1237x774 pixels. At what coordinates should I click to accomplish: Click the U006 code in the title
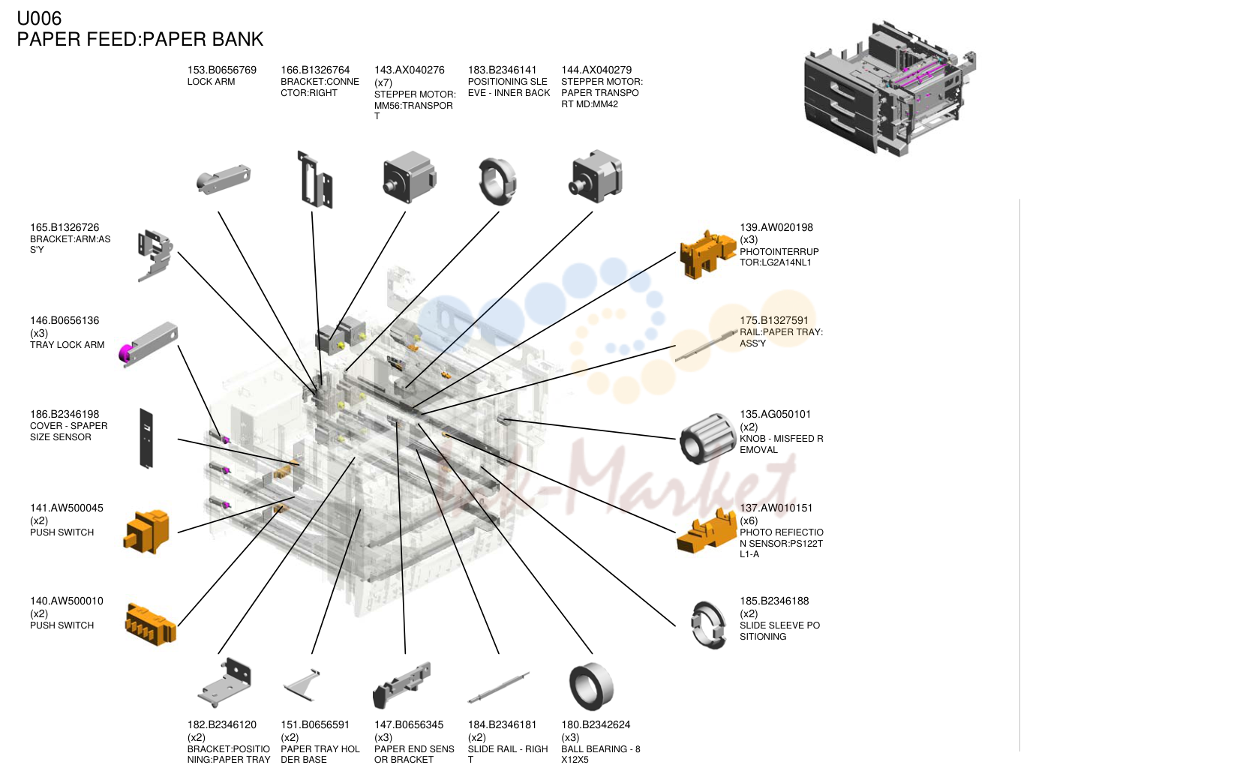[39, 18]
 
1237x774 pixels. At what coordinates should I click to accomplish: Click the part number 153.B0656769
[221, 70]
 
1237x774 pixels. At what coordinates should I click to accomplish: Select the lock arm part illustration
[223, 178]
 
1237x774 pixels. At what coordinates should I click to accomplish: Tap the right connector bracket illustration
[315, 180]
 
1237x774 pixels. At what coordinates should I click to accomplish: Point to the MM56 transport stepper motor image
[409, 177]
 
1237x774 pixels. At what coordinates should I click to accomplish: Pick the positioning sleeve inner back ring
[497, 181]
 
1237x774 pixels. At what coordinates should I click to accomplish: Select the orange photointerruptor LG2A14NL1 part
[707, 254]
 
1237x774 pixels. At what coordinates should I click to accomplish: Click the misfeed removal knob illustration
[707, 438]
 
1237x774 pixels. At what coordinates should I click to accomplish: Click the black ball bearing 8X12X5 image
[591, 687]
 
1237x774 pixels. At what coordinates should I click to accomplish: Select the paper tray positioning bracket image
[225, 682]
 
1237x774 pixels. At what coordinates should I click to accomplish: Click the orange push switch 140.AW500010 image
[151, 625]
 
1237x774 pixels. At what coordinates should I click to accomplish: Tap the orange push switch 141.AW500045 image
[147, 531]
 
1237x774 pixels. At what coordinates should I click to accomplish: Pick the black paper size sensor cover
[146, 439]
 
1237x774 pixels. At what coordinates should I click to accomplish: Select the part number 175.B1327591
[773, 320]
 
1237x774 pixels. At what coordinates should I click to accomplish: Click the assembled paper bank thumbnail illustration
[889, 88]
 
